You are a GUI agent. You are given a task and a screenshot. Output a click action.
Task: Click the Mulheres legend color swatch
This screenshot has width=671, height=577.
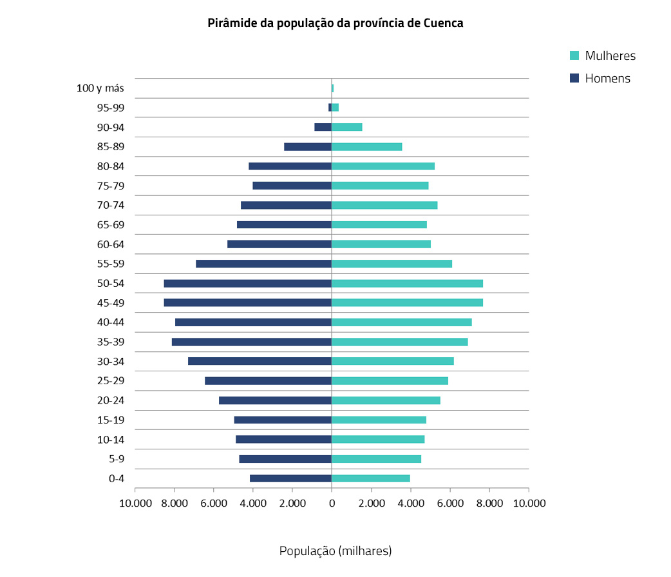(574, 55)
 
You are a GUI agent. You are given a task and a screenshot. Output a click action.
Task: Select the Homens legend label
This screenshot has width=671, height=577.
(607, 79)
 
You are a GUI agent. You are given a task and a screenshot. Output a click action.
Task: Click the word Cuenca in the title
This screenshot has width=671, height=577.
(444, 23)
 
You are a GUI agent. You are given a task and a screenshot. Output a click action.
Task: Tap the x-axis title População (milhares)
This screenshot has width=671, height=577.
(335, 551)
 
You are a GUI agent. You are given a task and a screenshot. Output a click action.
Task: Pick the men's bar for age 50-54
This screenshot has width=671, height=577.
(248, 283)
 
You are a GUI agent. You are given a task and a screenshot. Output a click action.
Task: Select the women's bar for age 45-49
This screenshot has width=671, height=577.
(407, 302)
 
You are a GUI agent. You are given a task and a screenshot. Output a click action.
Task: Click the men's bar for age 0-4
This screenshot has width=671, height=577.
(290, 478)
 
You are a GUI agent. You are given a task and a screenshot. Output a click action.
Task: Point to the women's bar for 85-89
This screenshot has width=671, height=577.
(366, 146)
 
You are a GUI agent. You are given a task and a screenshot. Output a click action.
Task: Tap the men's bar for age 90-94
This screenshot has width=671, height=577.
(323, 127)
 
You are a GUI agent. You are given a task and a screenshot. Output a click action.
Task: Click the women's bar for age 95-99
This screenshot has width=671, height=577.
(335, 108)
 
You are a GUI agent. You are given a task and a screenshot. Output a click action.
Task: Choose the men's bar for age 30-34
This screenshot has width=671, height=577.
(260, 361)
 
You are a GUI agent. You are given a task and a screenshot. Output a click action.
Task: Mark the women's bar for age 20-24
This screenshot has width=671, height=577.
(386, 400)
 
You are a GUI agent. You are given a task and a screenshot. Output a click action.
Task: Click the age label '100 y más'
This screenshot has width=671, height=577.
(100, 88)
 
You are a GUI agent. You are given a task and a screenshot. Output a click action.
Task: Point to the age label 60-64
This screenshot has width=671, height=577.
(110, 244)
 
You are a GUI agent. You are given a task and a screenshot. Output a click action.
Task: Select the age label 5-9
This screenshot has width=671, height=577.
(116, 459)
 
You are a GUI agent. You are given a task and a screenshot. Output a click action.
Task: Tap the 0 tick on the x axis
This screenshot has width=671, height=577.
(332, 503)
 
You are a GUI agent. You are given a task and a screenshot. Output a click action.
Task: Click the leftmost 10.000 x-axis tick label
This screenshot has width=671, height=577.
(135, 503)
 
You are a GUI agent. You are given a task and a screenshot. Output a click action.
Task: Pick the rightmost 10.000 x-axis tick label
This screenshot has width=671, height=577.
(529, 503)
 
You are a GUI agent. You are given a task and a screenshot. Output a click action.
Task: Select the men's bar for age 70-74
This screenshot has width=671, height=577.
(286, 205)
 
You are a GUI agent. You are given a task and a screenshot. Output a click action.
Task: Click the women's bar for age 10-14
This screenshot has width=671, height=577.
(378, 439)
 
